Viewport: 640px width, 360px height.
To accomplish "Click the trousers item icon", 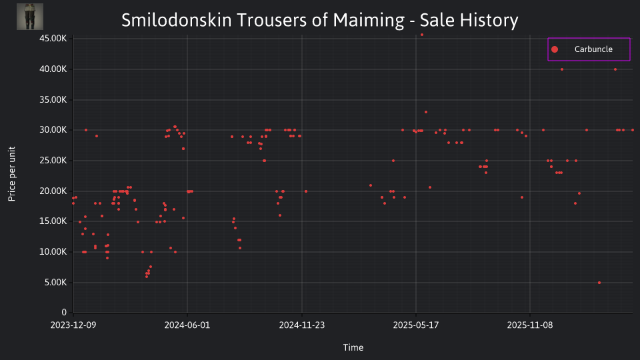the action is click(x=30, y=17).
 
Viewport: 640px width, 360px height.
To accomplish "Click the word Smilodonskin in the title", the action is click(x=176, y=20).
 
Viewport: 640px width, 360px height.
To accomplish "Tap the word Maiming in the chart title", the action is click(x=369, y=21).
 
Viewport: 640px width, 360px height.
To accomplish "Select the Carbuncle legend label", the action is click(x=593, y=49).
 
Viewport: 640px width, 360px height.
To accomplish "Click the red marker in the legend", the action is click(x=554, y=49).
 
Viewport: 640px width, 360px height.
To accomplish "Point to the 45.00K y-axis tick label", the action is click(x=53, y=39).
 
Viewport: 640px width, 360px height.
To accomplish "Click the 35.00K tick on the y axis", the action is click(x=53, y=99).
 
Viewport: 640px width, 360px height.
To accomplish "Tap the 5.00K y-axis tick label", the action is click(x=55, y=283).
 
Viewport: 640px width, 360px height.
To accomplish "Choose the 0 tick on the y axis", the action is click(x=64, y=312).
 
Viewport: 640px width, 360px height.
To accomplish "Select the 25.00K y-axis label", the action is click(x=53, y=161).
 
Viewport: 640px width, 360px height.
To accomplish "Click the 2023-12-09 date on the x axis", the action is click(x=73, y=325).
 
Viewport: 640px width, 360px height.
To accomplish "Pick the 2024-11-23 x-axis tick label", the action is click(x=301, y=325).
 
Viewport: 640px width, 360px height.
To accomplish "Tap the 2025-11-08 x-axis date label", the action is click(x=530, y=325).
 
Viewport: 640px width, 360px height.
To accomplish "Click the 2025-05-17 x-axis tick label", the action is click(x=416, y=325).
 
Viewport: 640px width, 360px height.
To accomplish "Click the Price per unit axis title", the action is click(x=12, y=174).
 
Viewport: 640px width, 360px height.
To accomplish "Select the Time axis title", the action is click(x=353, y=347).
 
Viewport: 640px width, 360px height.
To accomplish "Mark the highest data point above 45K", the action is click(x=422, y=35).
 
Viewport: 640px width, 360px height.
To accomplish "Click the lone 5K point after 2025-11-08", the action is click(x=599, y=283).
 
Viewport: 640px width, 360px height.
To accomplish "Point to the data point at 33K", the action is click(x=426, y=112).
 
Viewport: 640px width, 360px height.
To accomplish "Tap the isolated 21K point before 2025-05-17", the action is click(x=371, y=185).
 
